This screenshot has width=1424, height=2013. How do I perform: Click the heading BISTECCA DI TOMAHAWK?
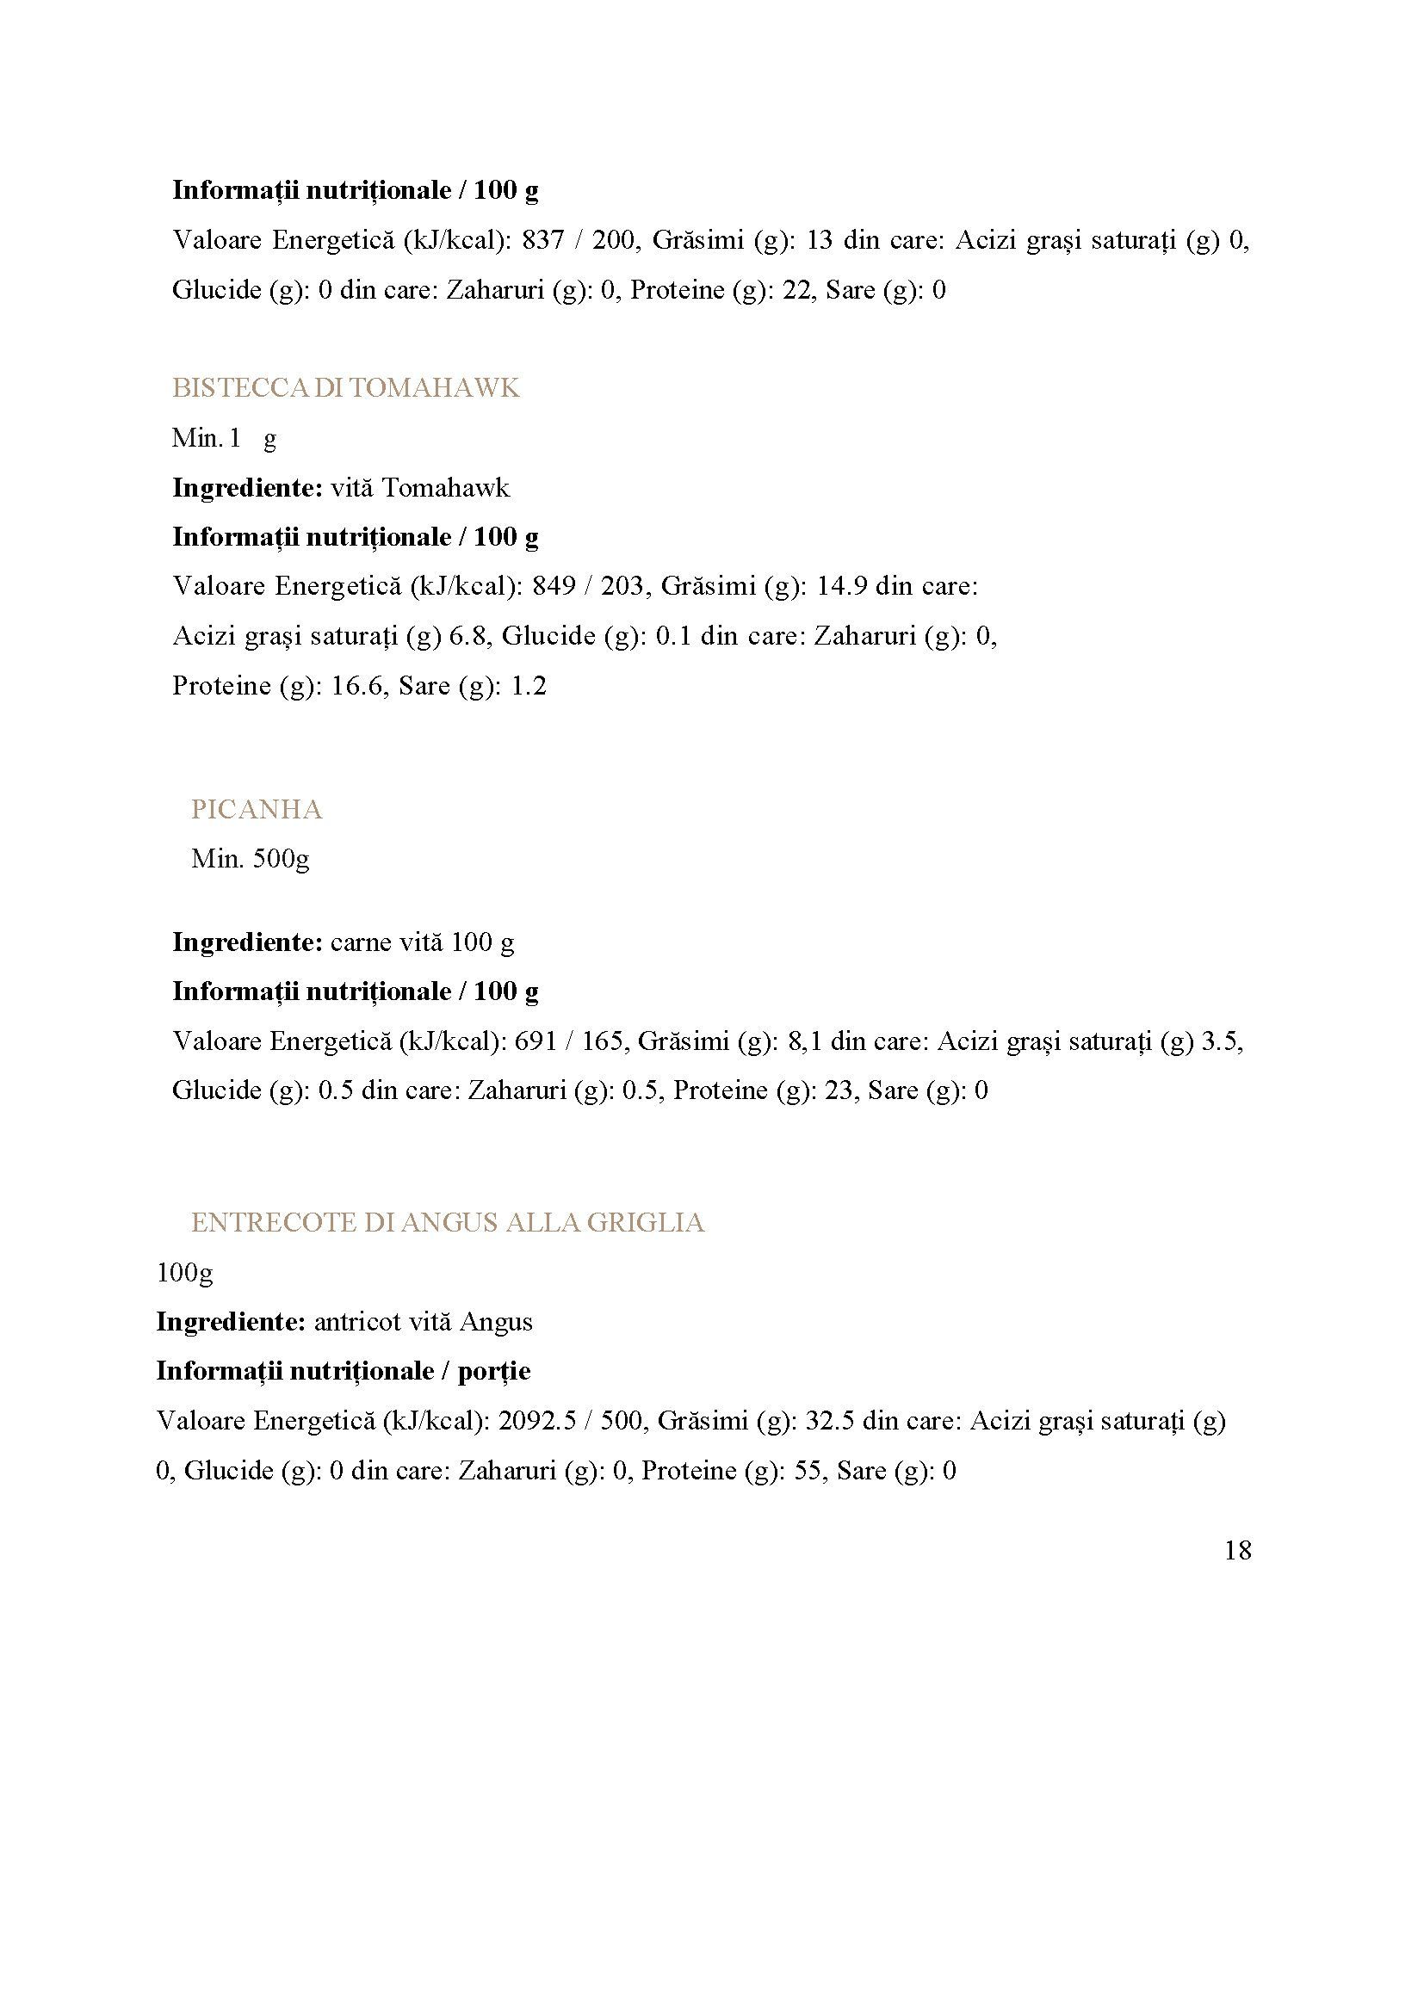[x=345, y=387]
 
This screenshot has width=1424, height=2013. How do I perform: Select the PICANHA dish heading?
[x=256, y=809]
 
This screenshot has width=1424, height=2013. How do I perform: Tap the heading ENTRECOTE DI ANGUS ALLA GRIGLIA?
[x=447, y=1222]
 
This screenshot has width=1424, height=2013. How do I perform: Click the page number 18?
[x=1237, y=1551]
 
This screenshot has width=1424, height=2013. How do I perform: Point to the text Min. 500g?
[x=250, y=858]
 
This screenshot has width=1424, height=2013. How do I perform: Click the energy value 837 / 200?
[x=580, y=239]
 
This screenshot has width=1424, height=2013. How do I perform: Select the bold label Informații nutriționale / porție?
[x=343, y=1370]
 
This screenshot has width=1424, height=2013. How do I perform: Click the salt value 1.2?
[x=529, y=686]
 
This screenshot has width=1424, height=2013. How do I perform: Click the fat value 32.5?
[x=828, y=1420]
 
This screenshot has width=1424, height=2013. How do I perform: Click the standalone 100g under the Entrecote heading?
[x=184, y=1272]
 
